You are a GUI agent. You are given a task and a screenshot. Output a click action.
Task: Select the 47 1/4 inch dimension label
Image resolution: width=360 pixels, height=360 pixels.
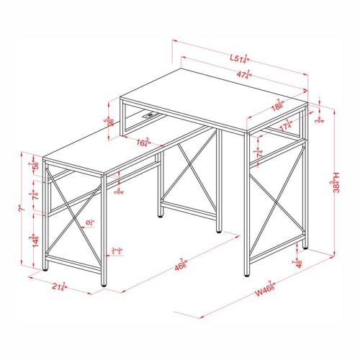click(x=241, y=74)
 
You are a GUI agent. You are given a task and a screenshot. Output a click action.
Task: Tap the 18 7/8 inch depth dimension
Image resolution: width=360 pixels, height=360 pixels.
click(x=279, y=107)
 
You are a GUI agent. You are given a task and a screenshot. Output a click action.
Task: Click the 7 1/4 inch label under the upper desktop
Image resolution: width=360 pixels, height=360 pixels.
click(x=259, y=153)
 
